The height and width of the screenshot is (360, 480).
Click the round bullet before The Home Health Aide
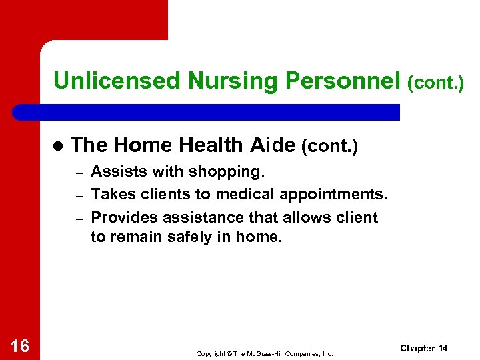pyautogui.click(x=57, y=146)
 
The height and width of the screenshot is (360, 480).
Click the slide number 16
pyautogui.click(x=20, y=345)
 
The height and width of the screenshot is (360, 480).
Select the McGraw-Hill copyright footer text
pyautogui.click(x=264, y=353)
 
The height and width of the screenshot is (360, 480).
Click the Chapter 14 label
pyautogui.click(x=424, y=348)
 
